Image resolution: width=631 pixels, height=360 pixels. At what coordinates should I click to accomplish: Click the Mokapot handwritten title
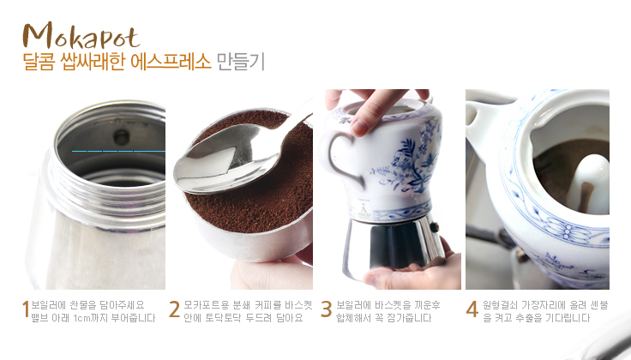81,35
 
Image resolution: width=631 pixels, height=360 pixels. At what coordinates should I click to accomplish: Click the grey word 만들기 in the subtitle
240,62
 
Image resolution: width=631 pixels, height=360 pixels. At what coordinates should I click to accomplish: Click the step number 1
26,309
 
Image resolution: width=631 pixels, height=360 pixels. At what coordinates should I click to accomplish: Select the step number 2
174,309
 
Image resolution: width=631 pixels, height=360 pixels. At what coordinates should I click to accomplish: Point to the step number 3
327,309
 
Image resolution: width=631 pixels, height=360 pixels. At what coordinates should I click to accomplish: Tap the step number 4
472,309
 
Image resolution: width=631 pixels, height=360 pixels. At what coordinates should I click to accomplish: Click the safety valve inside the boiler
121,137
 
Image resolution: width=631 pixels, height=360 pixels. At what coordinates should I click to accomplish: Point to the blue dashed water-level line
118,151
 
